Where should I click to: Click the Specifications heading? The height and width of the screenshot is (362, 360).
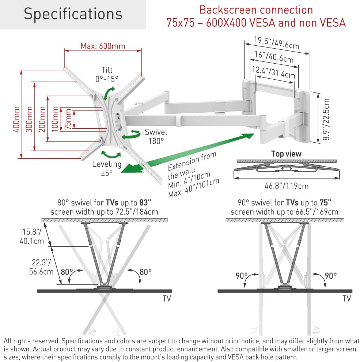click(x=73, y=14)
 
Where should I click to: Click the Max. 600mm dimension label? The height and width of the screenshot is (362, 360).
click(x=103, y=46)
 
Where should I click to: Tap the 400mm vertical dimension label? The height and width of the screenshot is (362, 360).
click(x=16, y=119)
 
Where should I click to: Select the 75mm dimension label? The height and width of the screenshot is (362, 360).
click(x=68, y=119)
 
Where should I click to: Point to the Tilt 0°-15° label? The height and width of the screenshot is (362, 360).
click(x=107, y=74)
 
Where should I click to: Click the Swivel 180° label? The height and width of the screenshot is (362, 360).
click(x=156, y=136)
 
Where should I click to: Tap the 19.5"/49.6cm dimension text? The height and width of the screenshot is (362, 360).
click(x=276, y=43)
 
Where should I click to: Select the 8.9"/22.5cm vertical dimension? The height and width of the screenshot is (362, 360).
click(x=326, y=119)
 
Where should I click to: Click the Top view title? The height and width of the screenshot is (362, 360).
click(x=286, y=154)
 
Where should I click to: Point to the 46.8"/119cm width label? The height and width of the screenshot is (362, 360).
click(x=287, y=186)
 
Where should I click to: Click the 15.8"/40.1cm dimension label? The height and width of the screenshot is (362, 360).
click(x=32, y=237)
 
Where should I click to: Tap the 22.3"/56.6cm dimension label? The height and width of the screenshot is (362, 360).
click(x=41, y=267)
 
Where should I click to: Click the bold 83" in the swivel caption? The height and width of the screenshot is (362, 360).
click(x=145, y=203)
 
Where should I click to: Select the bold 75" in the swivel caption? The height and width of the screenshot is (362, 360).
click(x=325, y=203)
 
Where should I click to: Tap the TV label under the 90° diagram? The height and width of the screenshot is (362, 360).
click(x=346, y=298)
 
